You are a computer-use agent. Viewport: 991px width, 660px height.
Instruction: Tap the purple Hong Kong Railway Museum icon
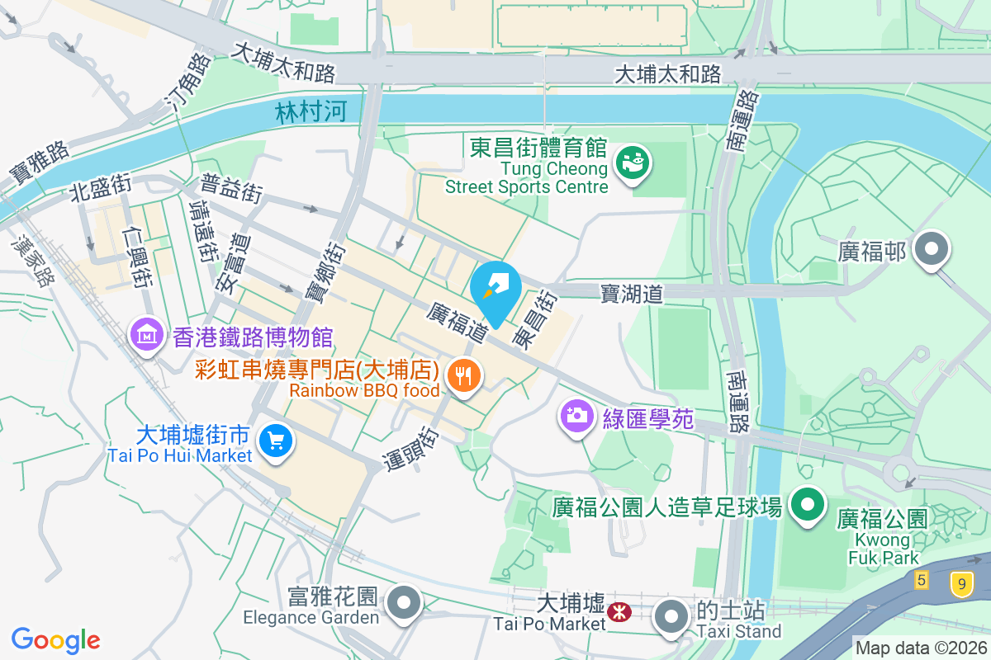point(146,335)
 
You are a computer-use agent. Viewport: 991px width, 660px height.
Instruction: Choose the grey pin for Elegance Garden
point(404,602)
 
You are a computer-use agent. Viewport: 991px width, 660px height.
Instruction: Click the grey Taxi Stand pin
point(671,616)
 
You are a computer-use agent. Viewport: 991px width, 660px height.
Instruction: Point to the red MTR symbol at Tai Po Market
point(619,611)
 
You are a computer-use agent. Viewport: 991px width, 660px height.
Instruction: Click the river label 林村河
point(311,111)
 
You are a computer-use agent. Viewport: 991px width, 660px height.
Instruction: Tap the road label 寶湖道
point(632,293)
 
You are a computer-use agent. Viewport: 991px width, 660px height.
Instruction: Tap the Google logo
point(56,639)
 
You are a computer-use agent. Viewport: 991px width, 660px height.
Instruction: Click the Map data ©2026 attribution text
point(920,648)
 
